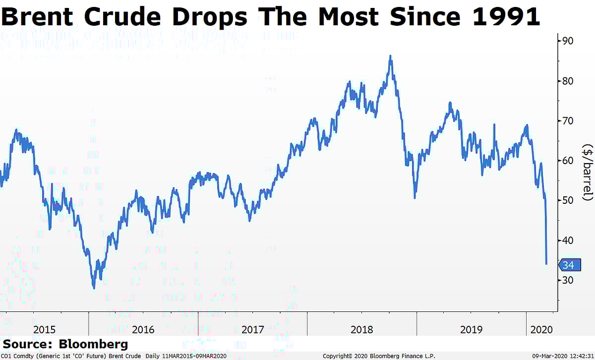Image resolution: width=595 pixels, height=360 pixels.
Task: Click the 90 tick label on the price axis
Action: pyautogui.click(x=568, y=41)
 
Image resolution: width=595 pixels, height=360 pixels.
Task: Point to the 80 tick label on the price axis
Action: pyautogui.click(x=568, y=81)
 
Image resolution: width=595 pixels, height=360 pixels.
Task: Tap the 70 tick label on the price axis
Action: pyautogui.click(x=568, y=120)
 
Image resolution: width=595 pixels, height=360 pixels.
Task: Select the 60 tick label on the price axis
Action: pyautogui.click(x=568, y=161)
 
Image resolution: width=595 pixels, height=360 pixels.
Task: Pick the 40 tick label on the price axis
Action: pyautogui.click(x=568, y=240)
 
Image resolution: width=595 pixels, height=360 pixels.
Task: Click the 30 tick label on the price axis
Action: pyautogui.click(x=568, y=280)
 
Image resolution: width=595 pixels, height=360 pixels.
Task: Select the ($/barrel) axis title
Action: pyautogui.click(x=588, y=173)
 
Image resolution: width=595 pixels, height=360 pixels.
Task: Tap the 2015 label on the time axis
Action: pyautogui.click(x=45, y=329)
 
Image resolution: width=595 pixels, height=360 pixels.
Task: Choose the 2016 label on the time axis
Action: pyautogui.click(x=143, y=329)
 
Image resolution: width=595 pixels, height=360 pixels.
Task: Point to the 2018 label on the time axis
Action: pyautogui.click(x=361, y=329)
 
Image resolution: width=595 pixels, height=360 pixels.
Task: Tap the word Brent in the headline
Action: pyautogui.click(x=38, y=17)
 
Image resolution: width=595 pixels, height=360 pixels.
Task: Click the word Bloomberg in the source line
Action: pyautogui.click(x=93, y=344)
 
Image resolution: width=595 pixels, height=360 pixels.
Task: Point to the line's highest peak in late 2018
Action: pyautogui.click(x=391, y=56)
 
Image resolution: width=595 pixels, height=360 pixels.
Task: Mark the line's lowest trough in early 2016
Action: pyautogui.click(x=94, y=288)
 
